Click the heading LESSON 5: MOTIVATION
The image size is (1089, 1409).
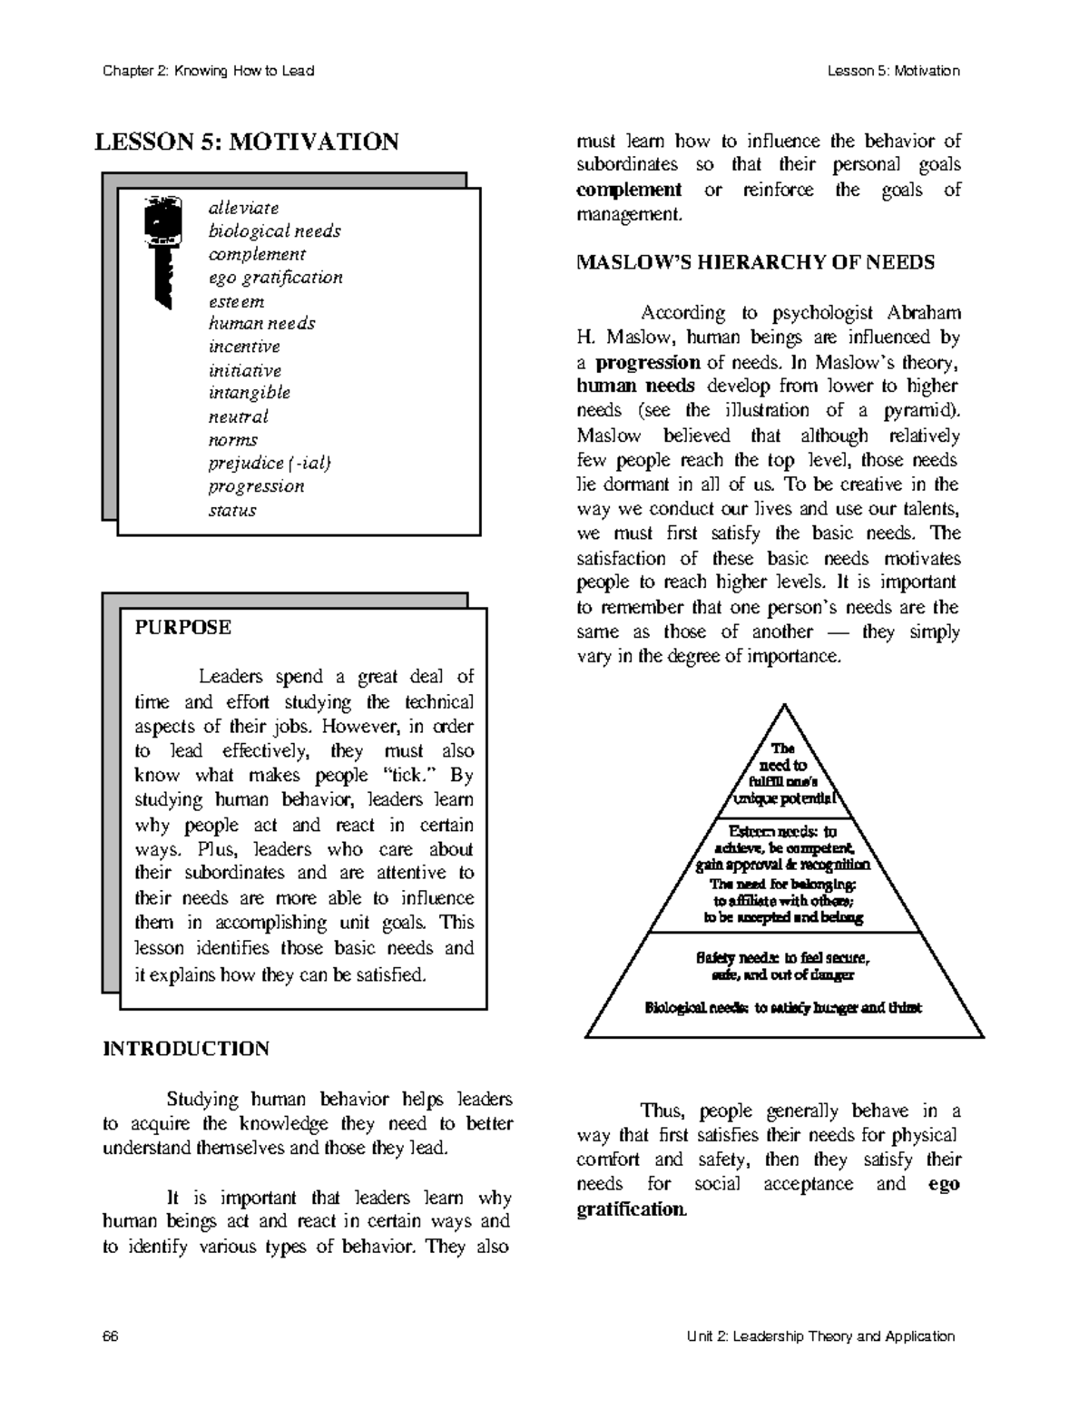(x=247, y=142)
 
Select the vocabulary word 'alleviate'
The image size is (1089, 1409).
(x=243, y=208)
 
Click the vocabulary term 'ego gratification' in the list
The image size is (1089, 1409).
(x=275, y=278)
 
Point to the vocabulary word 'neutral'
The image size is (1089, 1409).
(x=238, y=417)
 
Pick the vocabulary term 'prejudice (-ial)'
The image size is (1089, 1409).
(x=270, y=464)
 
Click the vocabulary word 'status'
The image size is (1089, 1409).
(x=232, y=510)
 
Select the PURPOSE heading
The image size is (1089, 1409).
(x=182, y=628)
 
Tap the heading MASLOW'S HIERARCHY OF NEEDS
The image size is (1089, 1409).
(x=755, y=263)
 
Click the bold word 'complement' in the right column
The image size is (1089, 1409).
(x=629, y=190)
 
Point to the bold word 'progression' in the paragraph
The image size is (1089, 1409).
(x=647, y=362)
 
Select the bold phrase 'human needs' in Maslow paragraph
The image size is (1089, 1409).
(x=636, y=386)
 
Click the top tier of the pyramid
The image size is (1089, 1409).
(x=782, y=774)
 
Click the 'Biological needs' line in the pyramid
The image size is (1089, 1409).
(x=782, y=1008)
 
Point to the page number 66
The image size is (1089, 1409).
(x=111, y=1336)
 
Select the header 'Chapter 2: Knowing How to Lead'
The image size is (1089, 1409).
(x=208, y=71)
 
